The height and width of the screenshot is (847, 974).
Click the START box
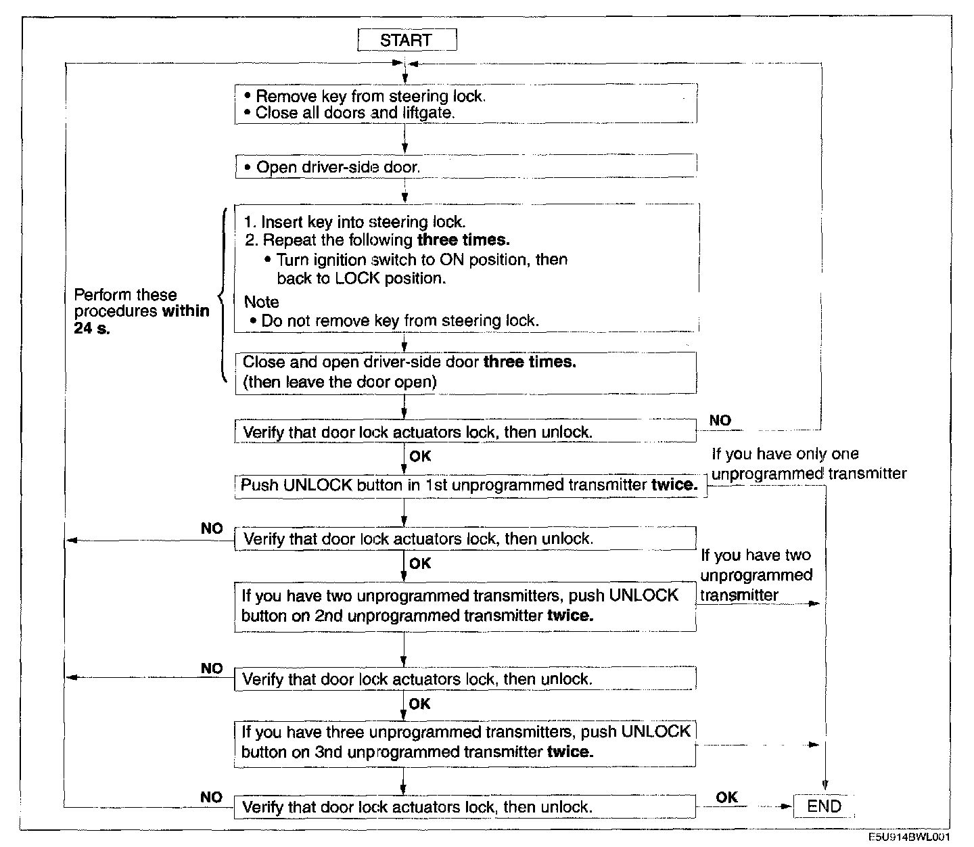tap(407, 40)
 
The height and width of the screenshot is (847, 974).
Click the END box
tap(823, 806)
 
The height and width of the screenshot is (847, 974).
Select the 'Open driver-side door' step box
tap(465, 166)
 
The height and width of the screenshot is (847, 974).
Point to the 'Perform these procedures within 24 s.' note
tap(141, 312)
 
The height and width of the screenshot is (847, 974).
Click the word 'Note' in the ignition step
tap(261, 302)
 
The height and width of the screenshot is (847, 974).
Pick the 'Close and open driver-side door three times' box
tap(465, 372)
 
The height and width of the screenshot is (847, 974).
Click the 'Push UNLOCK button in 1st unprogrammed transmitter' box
tap(470, 485)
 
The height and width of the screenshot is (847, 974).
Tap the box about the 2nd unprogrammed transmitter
tap(465, 605)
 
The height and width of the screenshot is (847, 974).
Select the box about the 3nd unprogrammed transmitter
tap(465, 742)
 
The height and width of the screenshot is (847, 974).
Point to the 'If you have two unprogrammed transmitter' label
tap(756, 574)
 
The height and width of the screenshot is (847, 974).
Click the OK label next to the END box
tap(726, 797)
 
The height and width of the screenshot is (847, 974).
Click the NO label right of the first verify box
tap(720, 420)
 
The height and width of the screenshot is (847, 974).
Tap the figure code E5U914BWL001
tap(914, 838)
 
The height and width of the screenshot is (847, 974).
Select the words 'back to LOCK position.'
tap(361, 278)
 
